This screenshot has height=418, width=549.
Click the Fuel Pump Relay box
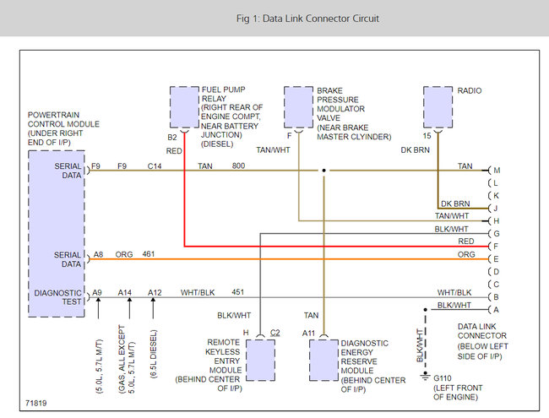point(183,106)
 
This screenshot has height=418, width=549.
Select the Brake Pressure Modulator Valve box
point(298,106)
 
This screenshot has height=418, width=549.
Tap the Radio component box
point(437,106)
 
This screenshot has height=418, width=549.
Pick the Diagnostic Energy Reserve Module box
point(323,361)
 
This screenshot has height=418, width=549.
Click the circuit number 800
point(239,166)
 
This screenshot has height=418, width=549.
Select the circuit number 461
point(149,252)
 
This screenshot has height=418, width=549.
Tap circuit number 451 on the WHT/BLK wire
point(238,292)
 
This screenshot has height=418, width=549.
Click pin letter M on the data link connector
point(497,170)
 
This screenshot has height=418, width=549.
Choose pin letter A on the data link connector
point(497,309)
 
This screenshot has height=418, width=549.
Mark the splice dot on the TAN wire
point(323,171)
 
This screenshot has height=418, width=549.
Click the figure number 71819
point(36,403)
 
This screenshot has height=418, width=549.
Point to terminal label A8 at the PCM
point(98,252)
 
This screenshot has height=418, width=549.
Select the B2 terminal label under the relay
point(171,137)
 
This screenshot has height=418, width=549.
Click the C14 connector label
point(155,166)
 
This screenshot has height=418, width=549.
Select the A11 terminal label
point(310,333)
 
